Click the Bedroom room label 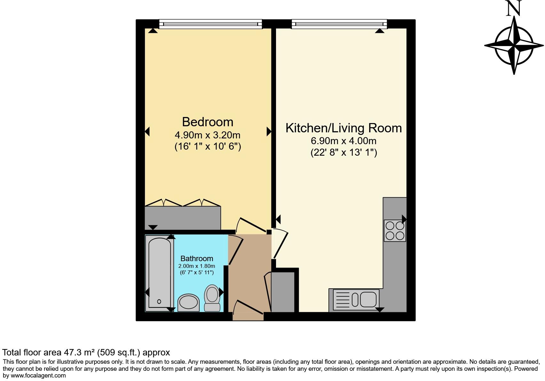point(208,122)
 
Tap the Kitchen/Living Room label point(344,128)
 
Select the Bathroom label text point(197,259)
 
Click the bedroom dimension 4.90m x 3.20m point(208,135)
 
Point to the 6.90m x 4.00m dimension point(344,141)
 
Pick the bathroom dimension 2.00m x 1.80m point(197,266)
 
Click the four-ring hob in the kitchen point(395,231)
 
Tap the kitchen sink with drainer point(356,300)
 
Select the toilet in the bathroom point(212,298)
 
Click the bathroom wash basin point(188,302)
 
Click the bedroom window point(210,24)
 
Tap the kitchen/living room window point(339,24)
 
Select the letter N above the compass point(514,9)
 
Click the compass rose point(514,46)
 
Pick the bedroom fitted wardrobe point(182,218)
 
